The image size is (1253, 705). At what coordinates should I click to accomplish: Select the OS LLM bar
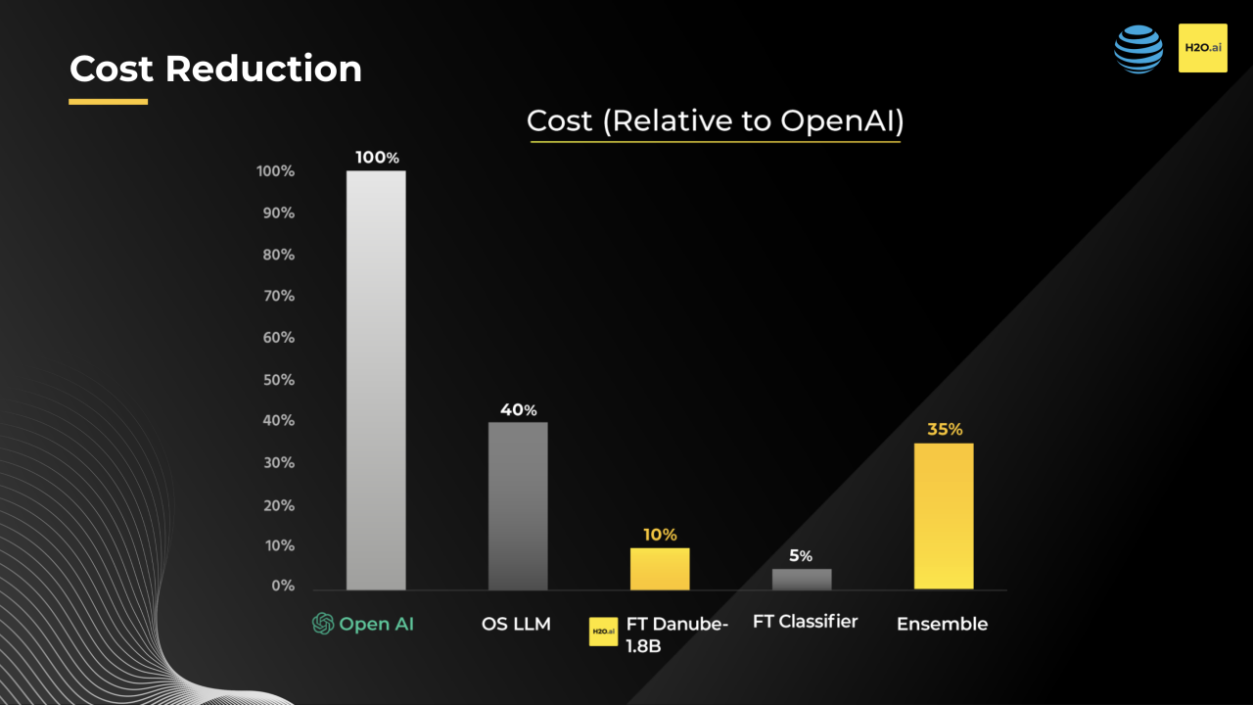pyautogui.click(x=518, y=505)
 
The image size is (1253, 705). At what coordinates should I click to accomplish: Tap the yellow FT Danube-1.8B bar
pyautogui.click(x=660, y=568)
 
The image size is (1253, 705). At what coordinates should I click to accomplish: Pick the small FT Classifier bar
pyautogui.click(x=802, y=579)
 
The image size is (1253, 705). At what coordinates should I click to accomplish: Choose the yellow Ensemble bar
pyautogui.click(x=944, y=516)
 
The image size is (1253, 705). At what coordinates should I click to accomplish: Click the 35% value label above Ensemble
pyautogui.click(x=945, y=429)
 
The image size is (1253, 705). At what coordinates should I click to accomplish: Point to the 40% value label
pyautogui.click(x=518, y=409)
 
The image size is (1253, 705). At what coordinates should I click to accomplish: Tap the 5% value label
pyautogui.click(x=801, y=555)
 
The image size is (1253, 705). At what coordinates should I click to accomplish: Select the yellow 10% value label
pyautogui.click(x=660, y=535)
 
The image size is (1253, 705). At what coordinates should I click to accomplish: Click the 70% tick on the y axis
pyautogui.click(x=275, y=296)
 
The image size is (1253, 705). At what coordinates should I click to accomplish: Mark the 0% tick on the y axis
pyautogui.click(x=282, y=586)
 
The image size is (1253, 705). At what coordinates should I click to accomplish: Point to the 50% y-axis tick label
pyautogui.click(x=275, y=379)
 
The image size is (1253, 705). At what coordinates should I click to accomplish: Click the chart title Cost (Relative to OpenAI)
pyautogui.click(x=715, y=121)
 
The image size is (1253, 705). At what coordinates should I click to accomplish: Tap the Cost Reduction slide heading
pyautogui.click(x=215, y=69)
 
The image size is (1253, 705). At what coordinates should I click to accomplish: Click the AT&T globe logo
pyautogui.click(x=1138, y=49)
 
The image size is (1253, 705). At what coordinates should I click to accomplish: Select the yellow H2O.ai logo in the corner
pyautogui.click(x=1202, y=49)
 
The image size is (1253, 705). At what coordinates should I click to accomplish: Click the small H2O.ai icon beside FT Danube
pyautogui.click(x=603, y=632)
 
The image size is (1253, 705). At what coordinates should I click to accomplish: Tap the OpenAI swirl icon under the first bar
pyautogui.click(x=323, y=624)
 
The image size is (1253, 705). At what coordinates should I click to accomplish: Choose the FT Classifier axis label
pyautogui.click(x=805, y=622)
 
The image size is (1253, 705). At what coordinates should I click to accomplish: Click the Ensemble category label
pyautogui.click(x=942, y=624)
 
